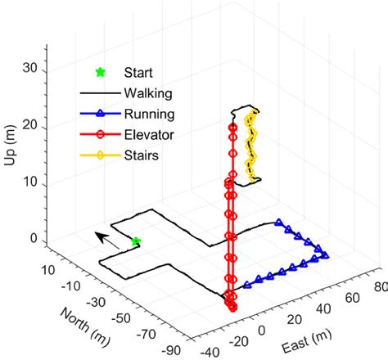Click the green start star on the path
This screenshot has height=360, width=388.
[x=136, y=241]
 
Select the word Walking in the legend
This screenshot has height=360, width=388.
[x=145, y=93]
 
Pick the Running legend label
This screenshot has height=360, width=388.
[x=146, y=113]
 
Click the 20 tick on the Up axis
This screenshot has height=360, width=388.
[x=33, y=125]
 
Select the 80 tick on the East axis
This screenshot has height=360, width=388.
[x=377, y=287]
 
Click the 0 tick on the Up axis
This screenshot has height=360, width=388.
[x=35, y=239]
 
